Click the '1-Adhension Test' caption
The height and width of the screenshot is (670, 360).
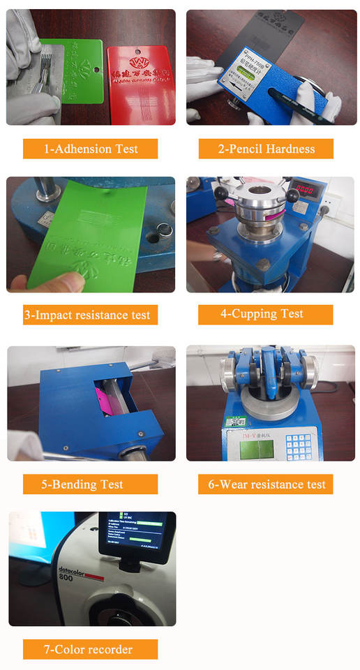pos(90,149)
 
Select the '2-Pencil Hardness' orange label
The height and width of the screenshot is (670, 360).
pos(266,149)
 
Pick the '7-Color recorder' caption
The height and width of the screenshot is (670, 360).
pos(88,649)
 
